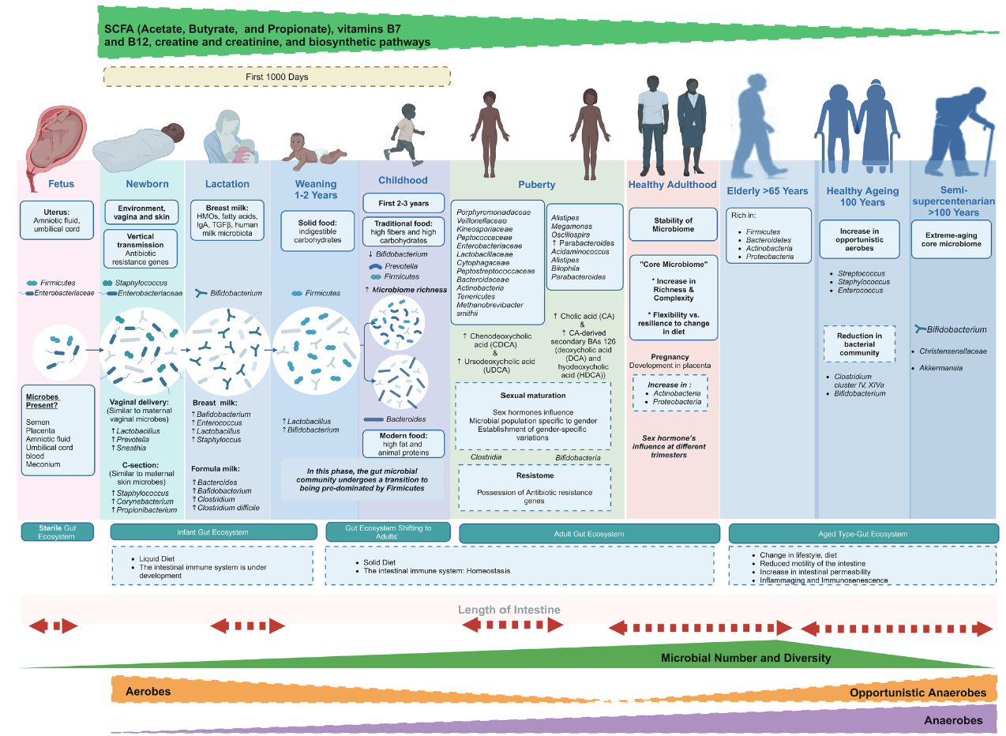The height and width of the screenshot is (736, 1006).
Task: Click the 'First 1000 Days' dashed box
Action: coord(276,77)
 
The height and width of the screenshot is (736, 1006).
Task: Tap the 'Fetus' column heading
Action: coord(61,184)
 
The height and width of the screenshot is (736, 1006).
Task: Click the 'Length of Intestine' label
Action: coord(509,610)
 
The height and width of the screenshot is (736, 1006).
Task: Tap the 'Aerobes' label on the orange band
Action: coord(148,692)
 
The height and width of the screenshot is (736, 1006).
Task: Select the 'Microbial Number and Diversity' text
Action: coord(745,658)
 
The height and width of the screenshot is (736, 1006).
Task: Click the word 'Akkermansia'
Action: coord(940,368)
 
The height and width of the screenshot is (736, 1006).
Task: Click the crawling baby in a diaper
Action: coord(312,150)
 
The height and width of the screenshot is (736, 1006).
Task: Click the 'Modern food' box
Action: coord(404,444)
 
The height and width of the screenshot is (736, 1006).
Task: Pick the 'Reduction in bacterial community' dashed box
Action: coord(860,344)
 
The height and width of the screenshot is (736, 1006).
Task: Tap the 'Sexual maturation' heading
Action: coord(533,394)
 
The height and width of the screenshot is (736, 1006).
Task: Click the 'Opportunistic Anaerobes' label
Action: coord(918,693)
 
